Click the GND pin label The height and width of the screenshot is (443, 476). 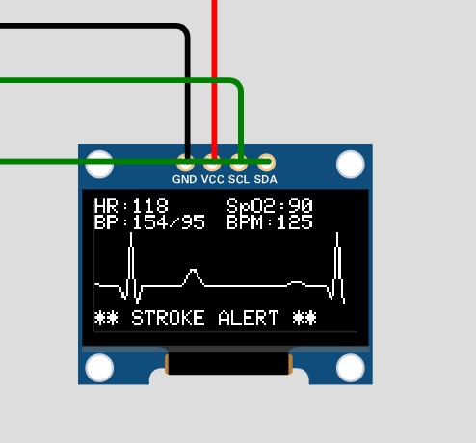[184, 179]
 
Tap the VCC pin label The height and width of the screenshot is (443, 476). [213, 179]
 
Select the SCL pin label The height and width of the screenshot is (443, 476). [239, 179]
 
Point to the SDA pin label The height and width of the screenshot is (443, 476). [266, 179]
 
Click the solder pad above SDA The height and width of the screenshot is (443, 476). [266, 163]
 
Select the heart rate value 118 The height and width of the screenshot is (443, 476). [150, 206]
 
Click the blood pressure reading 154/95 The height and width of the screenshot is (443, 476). [169, 222]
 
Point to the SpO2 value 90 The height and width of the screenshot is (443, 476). [301, 206]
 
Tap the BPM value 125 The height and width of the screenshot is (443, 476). [295, 222]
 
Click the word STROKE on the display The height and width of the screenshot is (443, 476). [168, 318]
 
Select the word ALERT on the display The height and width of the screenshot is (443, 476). [249, 318]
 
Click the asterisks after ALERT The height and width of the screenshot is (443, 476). [304, 318]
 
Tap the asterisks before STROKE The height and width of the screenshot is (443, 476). [106, 318]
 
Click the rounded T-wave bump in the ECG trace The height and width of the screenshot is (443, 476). [193, 272]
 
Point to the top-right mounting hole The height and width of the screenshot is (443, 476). [351, 164]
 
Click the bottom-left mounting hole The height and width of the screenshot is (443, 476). [99, 368]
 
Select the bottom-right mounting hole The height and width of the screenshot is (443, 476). [351, 368]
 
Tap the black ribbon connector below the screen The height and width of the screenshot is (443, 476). [228, 363]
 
